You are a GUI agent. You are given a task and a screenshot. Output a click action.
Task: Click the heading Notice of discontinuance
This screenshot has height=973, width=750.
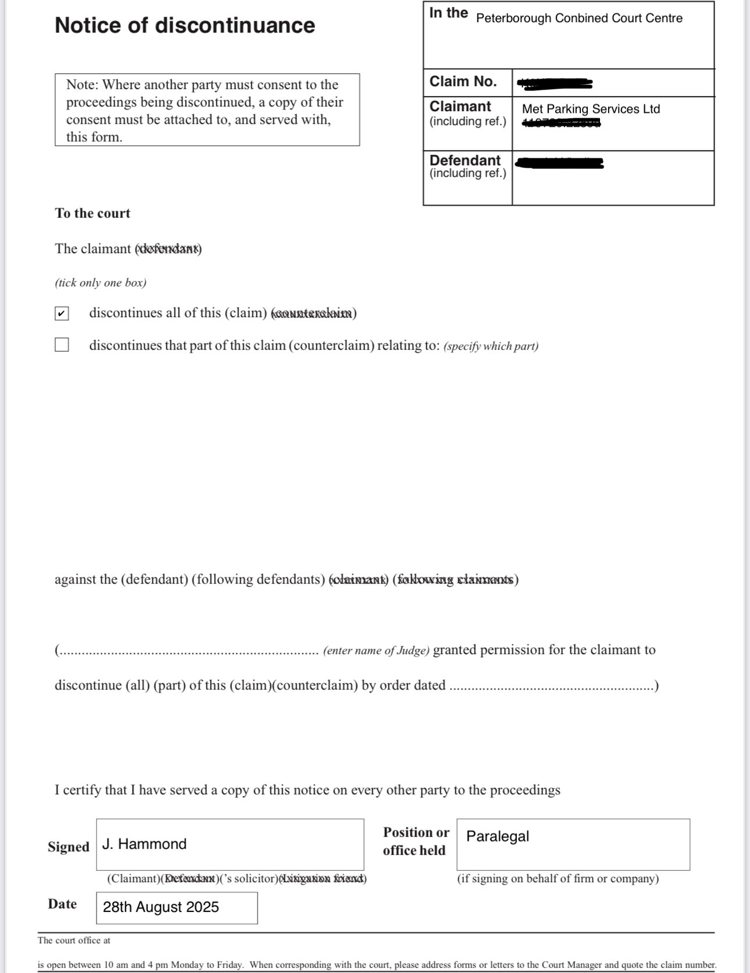pos(185,26)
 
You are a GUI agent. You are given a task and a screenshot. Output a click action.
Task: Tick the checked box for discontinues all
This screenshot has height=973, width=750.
pos(62,314)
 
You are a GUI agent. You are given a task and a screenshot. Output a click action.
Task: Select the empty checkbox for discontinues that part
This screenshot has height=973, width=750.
pos(62,345)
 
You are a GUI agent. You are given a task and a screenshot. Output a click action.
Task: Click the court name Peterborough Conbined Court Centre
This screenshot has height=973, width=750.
pos(579,18)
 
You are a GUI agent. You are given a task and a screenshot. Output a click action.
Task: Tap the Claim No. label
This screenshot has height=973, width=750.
pos(463,81)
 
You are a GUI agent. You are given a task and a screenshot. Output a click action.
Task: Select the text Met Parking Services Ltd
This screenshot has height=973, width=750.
pos(591,109)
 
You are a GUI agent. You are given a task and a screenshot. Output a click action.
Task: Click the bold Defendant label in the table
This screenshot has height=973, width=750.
pos(465,161)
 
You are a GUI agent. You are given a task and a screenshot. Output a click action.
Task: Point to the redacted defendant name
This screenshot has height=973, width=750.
pos(559,163)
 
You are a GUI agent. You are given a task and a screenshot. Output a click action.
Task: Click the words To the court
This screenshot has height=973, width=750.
pos(92,214)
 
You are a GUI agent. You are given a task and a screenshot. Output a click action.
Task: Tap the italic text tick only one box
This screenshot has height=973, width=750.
pos(101,283)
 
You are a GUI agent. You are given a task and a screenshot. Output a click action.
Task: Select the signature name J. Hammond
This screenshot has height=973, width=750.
pos(144,844)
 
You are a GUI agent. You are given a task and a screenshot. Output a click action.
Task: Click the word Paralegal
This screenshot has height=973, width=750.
pos(498,836)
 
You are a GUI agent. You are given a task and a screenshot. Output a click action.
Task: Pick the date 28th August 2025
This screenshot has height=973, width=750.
pos(160,907)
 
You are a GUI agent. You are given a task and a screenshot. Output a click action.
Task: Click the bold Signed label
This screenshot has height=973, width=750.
pos(69,847)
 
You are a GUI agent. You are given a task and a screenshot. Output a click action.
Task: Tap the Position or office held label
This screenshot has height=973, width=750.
pos(415,841)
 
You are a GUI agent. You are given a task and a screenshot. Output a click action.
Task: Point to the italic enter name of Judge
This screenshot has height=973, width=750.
pos(376,651)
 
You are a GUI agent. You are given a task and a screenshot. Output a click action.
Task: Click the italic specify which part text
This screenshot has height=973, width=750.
pos(491,346)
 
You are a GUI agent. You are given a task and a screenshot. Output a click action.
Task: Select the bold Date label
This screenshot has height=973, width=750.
pos(62,904)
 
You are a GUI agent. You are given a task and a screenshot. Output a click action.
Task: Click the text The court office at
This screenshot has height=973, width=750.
pos(74,940)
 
